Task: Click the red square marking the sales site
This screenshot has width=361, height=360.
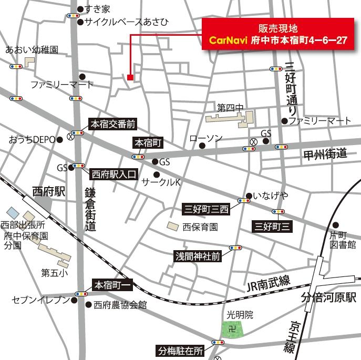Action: point(130,78)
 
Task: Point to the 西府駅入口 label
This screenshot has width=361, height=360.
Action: point(114,172)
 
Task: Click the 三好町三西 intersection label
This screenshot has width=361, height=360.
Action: point(206,209)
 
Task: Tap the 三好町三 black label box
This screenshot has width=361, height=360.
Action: point(272,227)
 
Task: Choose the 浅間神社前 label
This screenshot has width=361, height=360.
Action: point(198,256)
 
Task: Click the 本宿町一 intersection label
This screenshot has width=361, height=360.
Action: point(113,285)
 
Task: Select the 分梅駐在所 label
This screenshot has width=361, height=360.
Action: point(180,350)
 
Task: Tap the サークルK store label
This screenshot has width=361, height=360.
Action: point(162,182)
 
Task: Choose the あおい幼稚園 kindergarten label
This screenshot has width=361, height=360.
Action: point(32,50)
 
